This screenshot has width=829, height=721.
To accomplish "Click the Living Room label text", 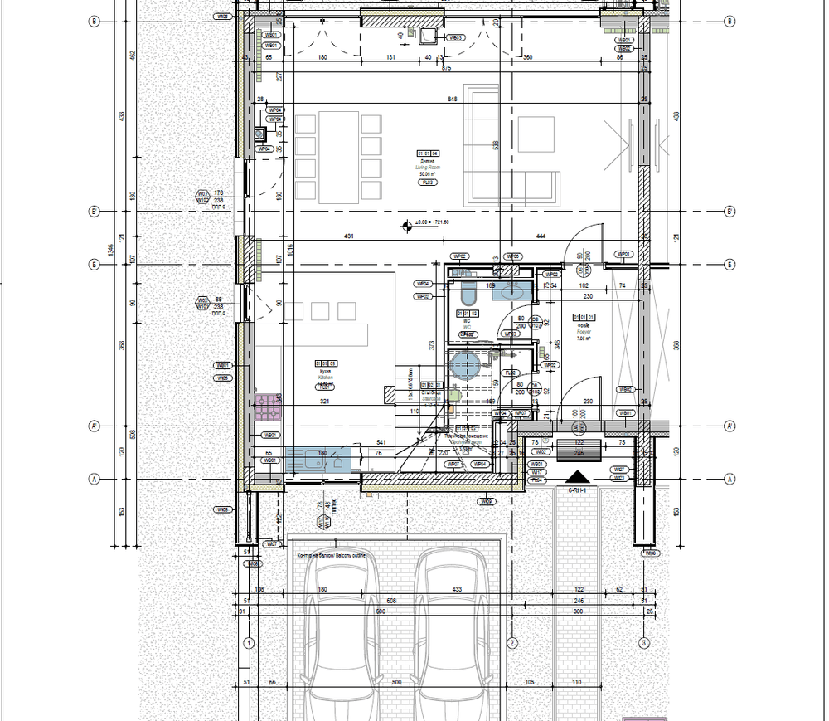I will tap(429, 168).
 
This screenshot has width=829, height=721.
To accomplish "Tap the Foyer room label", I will tap(583, 330).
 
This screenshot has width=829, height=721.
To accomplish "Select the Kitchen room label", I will tap(326, 375).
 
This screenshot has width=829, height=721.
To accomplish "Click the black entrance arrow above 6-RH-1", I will tap(576, 477).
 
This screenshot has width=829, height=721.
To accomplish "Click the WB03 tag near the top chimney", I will tap(455, 38).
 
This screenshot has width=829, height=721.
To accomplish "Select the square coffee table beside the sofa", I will tap(536, 134).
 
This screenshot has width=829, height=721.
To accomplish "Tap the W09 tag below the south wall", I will tap(487, 502).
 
